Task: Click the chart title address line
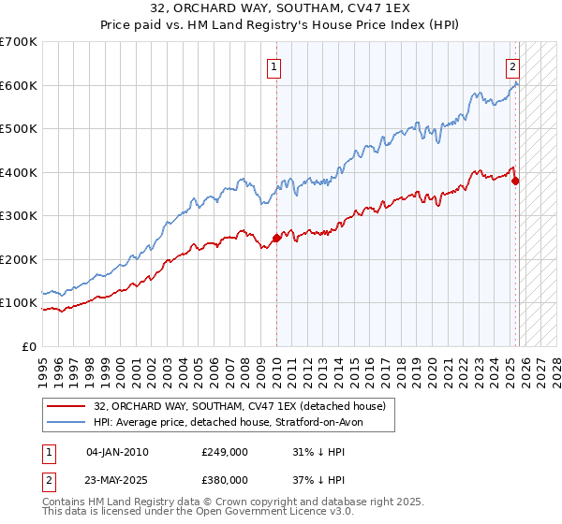click(x=281, y=8)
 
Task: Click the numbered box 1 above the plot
click(x=274, y=66)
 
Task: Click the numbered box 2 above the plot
click(x=513, y=66)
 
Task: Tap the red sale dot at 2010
click(x=276, y=238)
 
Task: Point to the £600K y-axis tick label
click(x=19, y=85)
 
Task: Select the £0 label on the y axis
click(x=28, y=346)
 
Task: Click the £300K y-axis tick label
click(x=19, y=216)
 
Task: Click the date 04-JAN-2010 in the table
click(x=117, y=452)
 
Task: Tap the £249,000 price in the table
click(x=224, y=452)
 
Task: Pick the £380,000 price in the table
click(x=224, y=479)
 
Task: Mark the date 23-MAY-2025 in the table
click(x=117, y=479)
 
